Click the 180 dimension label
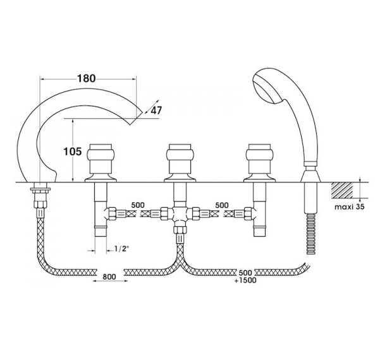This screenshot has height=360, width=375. (x=86, y=78)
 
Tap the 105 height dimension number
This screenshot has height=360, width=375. (x=72, y=152)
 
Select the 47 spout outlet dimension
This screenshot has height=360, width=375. (x=156, y=111)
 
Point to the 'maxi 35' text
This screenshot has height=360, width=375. (x=350, y=207)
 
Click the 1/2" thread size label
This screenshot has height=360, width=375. (x=121, y=249)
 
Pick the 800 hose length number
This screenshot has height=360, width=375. (x=109, y=277)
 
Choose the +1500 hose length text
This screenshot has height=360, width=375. (x=245, y=280)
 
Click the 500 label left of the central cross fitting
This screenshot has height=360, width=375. (x=138, y=205)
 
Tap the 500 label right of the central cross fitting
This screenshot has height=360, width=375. (x=222, y=205)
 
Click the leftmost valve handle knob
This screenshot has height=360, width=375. (x=101, y=155)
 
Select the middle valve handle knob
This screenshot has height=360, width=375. (x=180, y=155)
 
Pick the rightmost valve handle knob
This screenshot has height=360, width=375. (x=259, y=155)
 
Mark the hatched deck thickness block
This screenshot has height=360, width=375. (x=341, y=190)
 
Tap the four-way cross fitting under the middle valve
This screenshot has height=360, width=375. (x=180, y=214)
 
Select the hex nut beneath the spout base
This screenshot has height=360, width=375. (x=40, y=204)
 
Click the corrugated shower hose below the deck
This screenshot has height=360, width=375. (x=311, y=234)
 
